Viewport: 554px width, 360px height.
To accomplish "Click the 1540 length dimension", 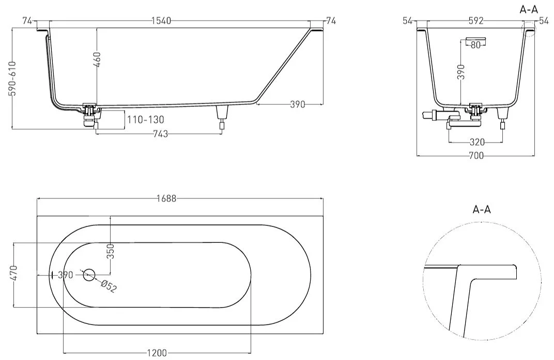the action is coord(161,21).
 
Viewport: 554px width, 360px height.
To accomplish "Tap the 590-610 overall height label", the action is coord(13,79).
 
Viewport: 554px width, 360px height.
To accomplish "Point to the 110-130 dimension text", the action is coord(146,119).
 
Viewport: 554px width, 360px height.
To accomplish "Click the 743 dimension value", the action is coord(160,134).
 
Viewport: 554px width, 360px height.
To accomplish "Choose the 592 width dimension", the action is coord(476,21).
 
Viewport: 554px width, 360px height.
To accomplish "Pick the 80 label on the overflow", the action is coord(476,45).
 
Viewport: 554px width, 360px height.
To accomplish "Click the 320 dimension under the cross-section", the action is coord(477,142).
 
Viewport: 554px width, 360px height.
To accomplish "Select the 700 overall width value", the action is coord(476,155).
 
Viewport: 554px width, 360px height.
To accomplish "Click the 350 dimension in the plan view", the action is coord(111,251).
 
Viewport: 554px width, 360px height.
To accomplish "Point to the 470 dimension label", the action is coord(13,273).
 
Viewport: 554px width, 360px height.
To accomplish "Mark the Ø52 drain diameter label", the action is coord(108,286).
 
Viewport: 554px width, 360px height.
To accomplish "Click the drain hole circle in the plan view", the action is coord(89,274).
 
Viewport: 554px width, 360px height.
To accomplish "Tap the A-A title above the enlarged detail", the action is coord(482,210).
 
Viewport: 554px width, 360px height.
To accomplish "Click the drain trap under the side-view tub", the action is coord(90,115).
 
